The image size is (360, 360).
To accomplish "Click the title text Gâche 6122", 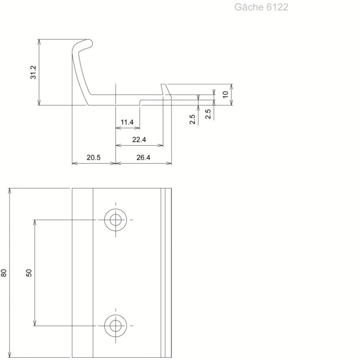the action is [x=261, y=7].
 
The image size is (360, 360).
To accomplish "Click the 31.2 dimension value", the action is [x=33, y=72].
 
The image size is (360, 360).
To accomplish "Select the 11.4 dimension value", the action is [x=127, y=122].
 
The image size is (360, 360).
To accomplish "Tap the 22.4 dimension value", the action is [x=139, y=139].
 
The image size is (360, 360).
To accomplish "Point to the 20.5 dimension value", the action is [x=94, y=157].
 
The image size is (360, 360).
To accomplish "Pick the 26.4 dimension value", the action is [x=143, y=157].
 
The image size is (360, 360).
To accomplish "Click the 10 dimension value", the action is [x=225, y=94].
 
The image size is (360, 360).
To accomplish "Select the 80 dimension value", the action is [x=4, y=273].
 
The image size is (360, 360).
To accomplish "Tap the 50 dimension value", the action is [x=29, y=273].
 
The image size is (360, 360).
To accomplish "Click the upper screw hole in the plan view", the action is [x=116, y=220].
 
